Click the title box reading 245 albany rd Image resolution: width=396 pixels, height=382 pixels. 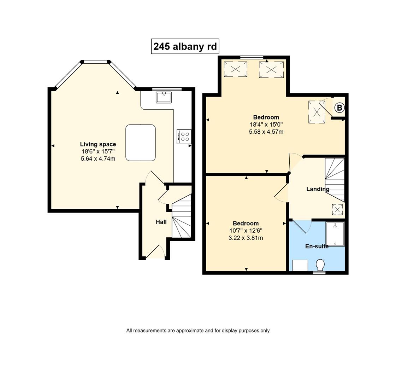[x=185, y=47]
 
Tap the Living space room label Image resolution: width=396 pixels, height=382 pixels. [x=98, y=144]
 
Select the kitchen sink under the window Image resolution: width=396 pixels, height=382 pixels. [x=164, y=97]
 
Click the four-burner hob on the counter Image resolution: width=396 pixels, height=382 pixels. [x=184, y=137]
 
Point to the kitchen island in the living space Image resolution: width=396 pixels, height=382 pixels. [x=141, y=143]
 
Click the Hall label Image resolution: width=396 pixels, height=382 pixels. [x=161, y=222]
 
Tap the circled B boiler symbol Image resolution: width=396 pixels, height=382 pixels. [x=339, y=108]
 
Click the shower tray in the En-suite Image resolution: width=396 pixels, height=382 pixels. [x=335, y=234]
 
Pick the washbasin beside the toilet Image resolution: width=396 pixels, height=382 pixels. [x=300, y=265]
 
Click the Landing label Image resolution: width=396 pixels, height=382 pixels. [x=318, y=189]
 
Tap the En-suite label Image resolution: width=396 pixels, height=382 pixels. [x=317, y=246]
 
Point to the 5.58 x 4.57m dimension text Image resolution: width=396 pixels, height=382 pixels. [x=266, y=132]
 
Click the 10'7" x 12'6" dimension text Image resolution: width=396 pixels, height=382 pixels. [x=246, y=231]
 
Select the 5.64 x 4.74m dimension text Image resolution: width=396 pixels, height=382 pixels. [x=98, y=159]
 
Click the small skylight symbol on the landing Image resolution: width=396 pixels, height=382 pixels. [x=337, y=209]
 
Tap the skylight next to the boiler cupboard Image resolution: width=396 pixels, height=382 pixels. [x=317, y=112]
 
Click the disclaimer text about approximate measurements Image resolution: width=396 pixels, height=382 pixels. [x=198, y=330]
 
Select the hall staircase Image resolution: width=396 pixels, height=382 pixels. [x=182, y=216]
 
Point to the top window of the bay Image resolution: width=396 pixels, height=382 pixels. [x=95, y=62]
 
